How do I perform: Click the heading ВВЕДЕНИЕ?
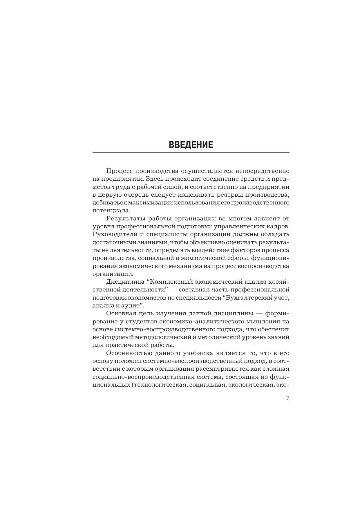point(191,145)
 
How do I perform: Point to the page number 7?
point(288,398)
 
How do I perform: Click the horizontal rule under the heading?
point(191,152)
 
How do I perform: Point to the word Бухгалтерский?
point(247,297)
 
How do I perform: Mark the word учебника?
point(199,353)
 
